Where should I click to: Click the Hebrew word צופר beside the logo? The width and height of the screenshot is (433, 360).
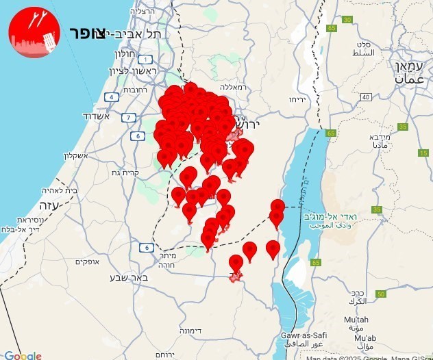click(x=86, y=34)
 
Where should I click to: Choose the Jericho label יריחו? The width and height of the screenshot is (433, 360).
click(x=297, y=99)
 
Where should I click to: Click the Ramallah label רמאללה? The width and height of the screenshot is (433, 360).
click(x=234, y=87)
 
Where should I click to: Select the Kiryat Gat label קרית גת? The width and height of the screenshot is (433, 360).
click(x=142, y=173)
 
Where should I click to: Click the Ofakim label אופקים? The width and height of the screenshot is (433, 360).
click(x=88, y=261)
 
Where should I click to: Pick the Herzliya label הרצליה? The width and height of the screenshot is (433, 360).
click(x=151, y=12)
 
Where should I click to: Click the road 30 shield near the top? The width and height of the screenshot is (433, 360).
click(x=347, y=19)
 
